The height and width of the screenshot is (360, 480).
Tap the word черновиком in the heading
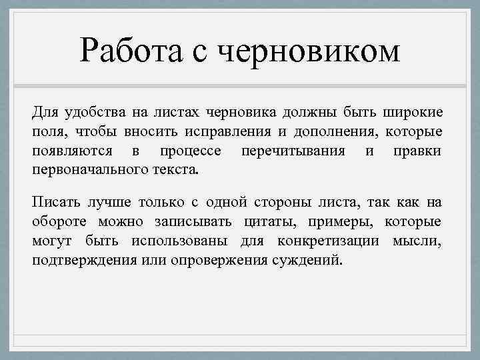tap(309, 51)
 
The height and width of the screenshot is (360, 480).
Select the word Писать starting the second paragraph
tap(55, 201)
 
